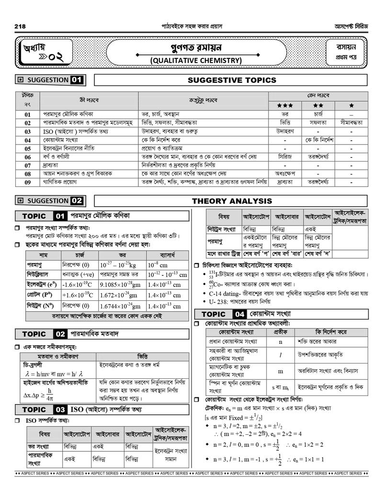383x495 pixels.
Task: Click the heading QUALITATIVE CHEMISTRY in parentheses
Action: [x=196, y=60]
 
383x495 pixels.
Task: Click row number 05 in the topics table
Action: [x=28, y=149]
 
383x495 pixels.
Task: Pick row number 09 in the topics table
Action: [x=28, y=182]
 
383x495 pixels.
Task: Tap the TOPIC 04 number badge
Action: [x=240, y=314]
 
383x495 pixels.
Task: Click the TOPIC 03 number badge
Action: [x=60, y=409]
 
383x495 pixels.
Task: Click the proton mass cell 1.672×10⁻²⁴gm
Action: [x=120, y=296]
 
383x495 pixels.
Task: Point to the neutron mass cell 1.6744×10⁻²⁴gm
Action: [x=120, y=306]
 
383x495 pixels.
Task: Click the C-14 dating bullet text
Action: [x=225, y=293]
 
